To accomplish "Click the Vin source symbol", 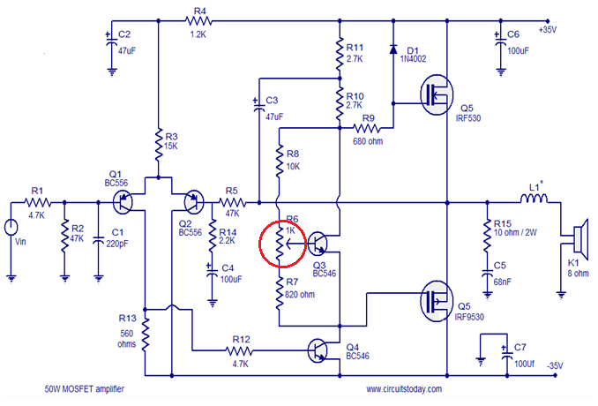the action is click(11, 228).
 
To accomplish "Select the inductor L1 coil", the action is click(534, 198).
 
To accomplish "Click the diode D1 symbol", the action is click(393, 49).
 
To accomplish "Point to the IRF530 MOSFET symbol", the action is click(437, 94).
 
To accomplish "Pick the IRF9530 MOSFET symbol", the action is click(437, 301).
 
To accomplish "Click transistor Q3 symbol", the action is click(318, 244).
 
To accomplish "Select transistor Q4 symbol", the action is click(318, 350).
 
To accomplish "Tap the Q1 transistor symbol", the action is click(123, 202).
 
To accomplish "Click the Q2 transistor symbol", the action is click(194, 202).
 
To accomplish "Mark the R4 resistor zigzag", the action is click(198, 20).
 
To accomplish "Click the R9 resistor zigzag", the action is click(367, 128).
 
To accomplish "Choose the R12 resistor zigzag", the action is click(239, 350).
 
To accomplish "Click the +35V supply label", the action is click(548, 30).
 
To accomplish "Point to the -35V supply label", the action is click(555, 365).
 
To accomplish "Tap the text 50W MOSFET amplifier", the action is click(85, 389).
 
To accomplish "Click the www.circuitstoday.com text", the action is click(404, 389).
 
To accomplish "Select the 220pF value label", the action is click(117, 244).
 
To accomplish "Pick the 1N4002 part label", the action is click(413, 59).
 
